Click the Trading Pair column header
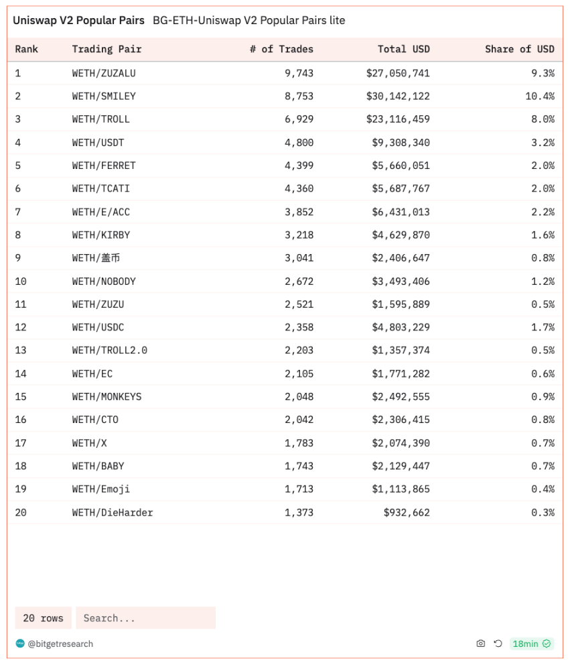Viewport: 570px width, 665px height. pos(106,49)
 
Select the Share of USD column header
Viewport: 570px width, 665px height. pos(519,49)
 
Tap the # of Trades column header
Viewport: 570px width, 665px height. pos(281,49)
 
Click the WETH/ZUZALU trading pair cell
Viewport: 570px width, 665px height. pos(104,73)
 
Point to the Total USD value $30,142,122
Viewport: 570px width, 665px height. pos(398,96)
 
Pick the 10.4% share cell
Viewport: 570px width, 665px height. pos(540,96)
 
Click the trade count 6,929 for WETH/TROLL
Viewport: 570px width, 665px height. pos(299,119)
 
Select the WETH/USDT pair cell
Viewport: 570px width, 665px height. pos(98,142)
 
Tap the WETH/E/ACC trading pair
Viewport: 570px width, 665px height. pos(101,212)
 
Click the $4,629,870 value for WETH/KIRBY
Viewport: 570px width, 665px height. pos(401,235)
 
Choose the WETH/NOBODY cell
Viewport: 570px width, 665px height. pos(104,281)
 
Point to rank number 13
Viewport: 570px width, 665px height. pos(21,350)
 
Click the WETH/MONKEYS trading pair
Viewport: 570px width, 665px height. pos(106,396)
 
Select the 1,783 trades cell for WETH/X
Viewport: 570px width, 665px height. pos(299,442)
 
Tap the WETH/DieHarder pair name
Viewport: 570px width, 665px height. pos(113,512)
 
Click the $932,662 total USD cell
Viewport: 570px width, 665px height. pos(407,512)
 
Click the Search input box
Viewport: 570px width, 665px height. pos(145,618)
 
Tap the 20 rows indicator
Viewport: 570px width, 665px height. pos(43,618)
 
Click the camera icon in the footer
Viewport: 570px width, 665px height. pos(480,644)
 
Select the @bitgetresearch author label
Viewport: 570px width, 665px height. pos(60,644)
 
